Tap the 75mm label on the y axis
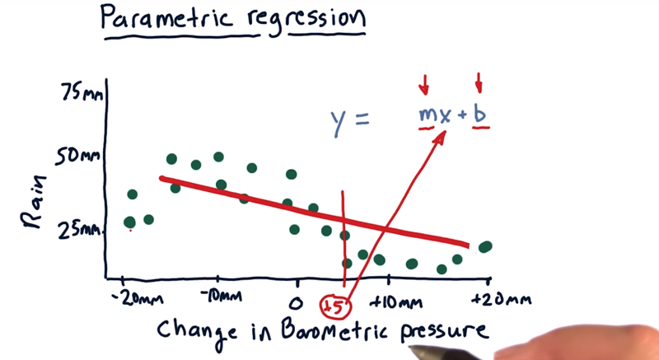pos(82,92)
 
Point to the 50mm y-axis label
pos(78,157)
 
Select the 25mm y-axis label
pos(80,230)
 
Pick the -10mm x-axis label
pos(220,296)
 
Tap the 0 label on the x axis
pos(297,303)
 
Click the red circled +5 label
pos(335,306)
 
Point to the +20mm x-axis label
pos(501,300)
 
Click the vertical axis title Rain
pos(34,202)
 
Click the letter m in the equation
pos(426,115)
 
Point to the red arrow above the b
pos(479,82)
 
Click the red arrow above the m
pos(424,84)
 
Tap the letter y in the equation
pos(339,123)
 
